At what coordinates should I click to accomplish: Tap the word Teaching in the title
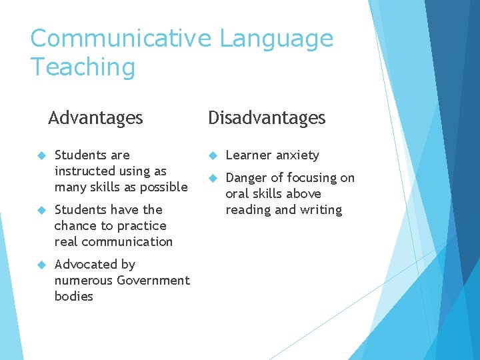pos(83,67)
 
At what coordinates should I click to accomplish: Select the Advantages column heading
pos(95,118)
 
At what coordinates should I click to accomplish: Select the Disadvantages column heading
pos(267,118)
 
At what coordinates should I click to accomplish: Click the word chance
pos(77,226)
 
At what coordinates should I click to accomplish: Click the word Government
pos(153,281)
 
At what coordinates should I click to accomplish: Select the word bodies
pos(74,297)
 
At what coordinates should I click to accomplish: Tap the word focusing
pos(313,178)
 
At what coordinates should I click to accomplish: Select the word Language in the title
pos(276,38)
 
